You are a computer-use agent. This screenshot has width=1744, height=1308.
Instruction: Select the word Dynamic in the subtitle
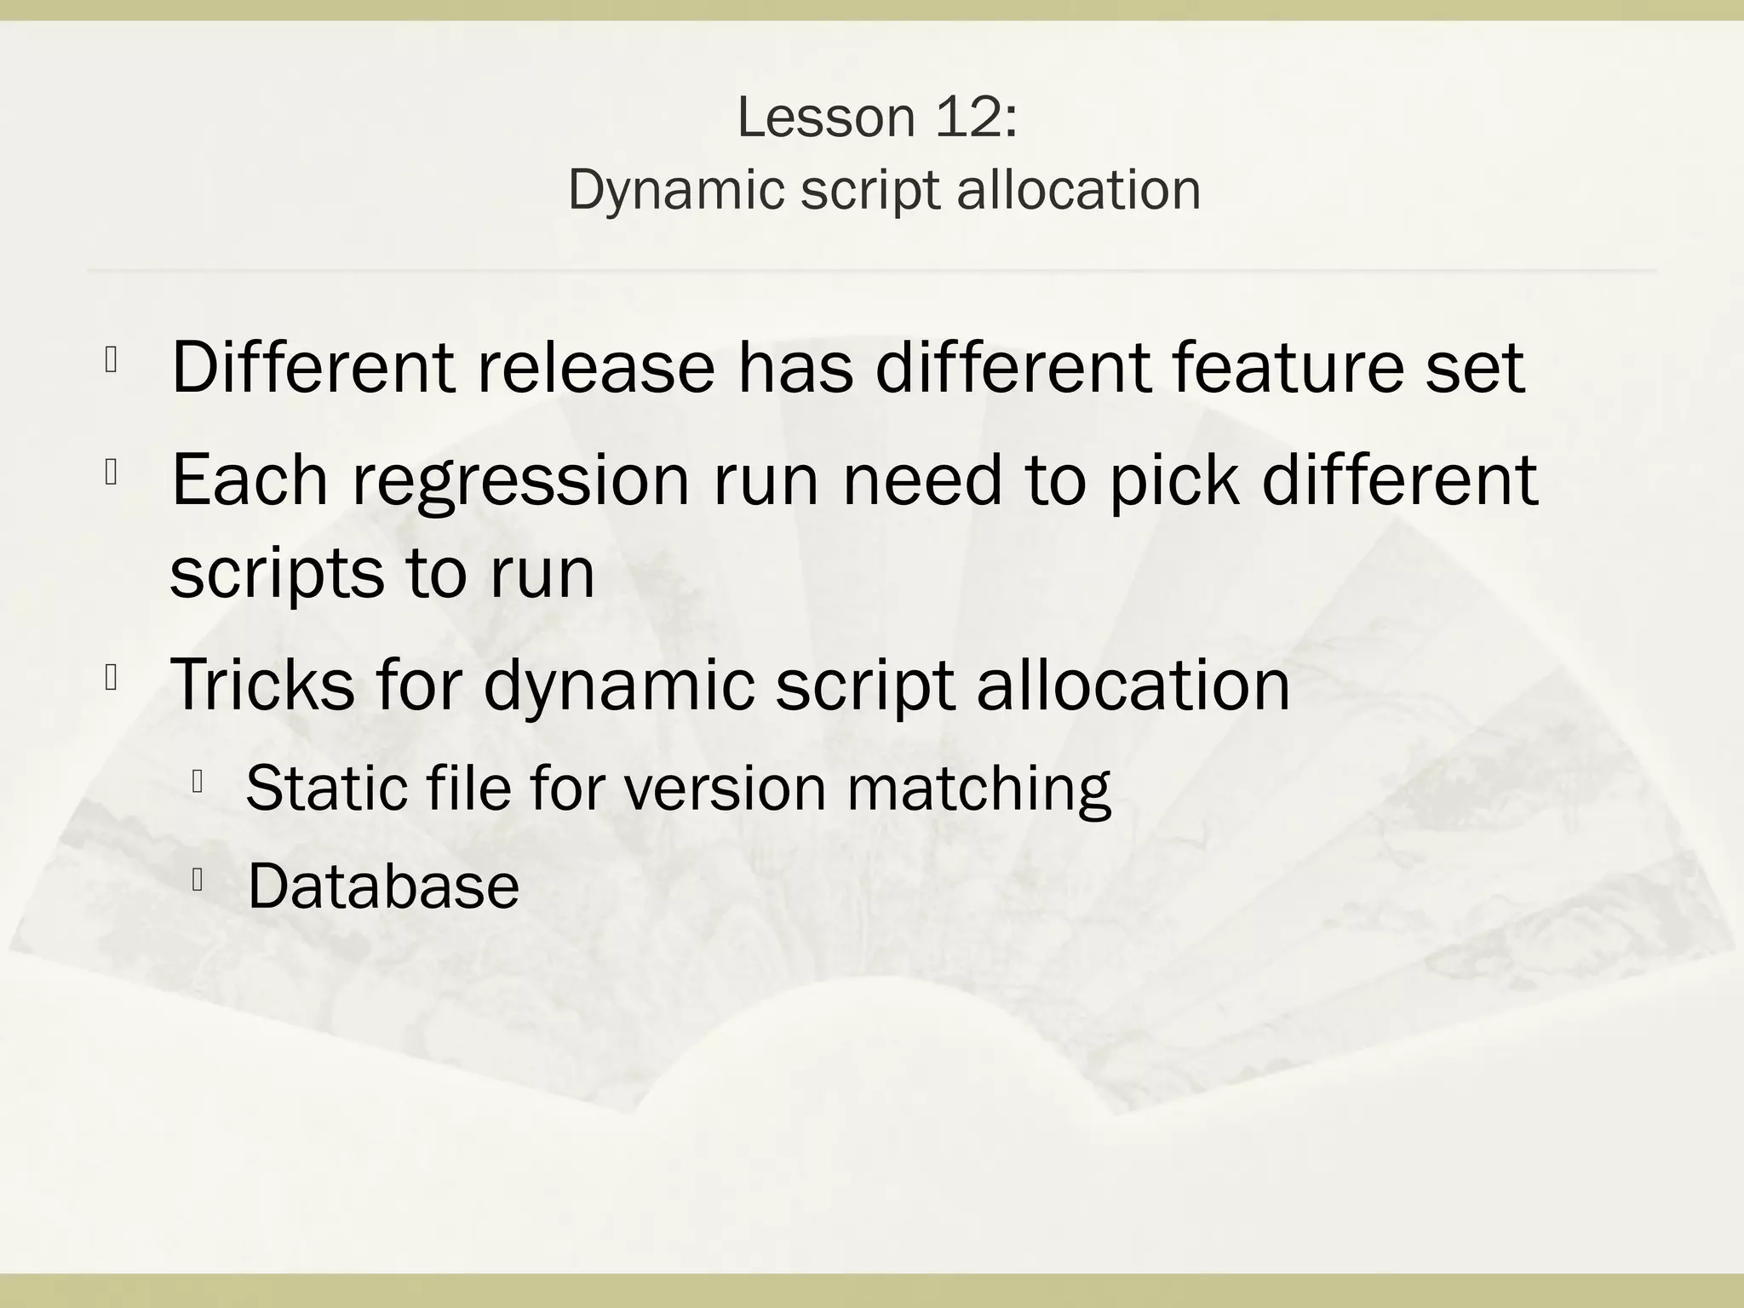(675, 190)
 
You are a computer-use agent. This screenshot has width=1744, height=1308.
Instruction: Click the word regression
(520, 480)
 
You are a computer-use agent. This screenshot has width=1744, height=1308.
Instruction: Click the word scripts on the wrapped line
(278, 574)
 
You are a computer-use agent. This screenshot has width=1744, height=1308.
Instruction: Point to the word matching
(978, 788)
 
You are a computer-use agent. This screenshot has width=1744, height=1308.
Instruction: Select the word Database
(383, 886)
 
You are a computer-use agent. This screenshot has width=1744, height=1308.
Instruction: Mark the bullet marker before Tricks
(111, 678)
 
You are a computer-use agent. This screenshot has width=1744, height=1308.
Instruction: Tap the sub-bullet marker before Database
(197, 881)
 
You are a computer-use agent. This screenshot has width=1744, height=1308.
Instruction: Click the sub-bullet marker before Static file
(197, 781)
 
